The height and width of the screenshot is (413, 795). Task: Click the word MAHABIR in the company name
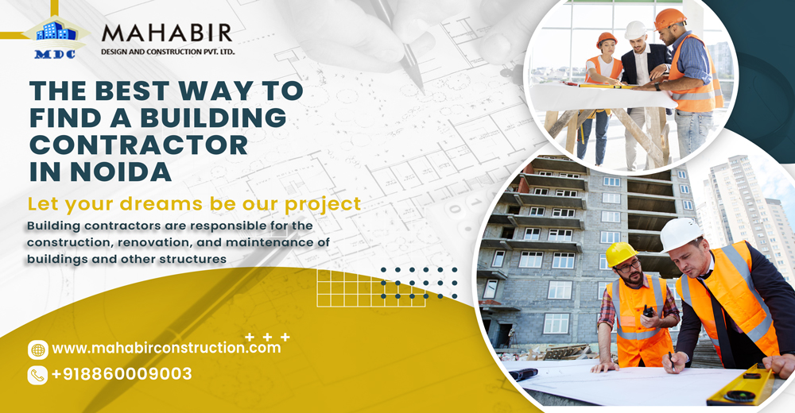[167, 33]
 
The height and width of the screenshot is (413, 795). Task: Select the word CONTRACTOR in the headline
[138, 144]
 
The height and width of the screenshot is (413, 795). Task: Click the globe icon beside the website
[37, 349]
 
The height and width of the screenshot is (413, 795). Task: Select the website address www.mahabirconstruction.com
[166, 348]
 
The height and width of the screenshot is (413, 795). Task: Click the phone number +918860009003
[122, 374]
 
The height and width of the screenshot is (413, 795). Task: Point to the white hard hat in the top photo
[635, 30]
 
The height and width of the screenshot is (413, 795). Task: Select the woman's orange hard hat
[607, 39]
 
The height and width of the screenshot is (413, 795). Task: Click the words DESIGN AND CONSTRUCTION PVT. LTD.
[167, 52]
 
